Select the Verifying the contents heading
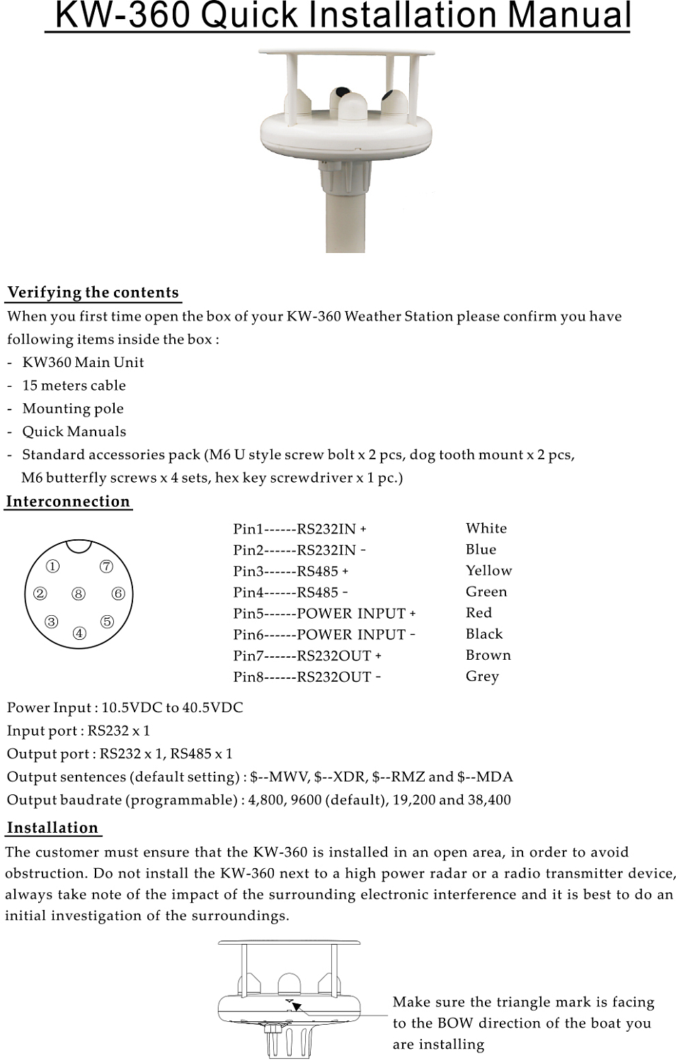93,293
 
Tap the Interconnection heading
68,502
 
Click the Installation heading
52,828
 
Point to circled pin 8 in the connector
79,594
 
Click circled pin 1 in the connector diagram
53,566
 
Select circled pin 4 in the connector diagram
79,633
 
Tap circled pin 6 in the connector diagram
118,594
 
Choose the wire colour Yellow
488,570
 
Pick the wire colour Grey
482,676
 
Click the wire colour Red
479,612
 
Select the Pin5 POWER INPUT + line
324,614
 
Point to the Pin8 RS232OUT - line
307,677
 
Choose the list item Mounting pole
73,409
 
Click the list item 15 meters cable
74,386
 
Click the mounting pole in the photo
345,220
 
